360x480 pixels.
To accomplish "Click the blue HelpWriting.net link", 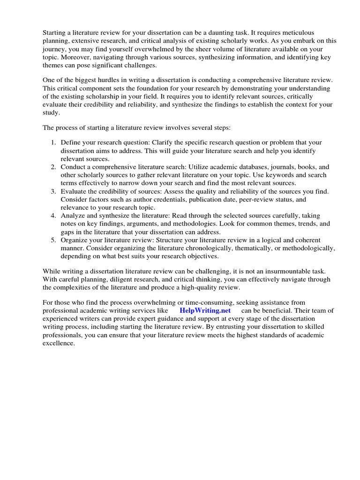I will tap(205, 311).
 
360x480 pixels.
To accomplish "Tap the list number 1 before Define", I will tap(53, 142).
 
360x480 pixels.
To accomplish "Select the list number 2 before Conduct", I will tap(53, 167).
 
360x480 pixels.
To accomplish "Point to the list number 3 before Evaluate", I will tap(53, 191).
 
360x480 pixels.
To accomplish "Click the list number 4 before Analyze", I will tap(53, 216).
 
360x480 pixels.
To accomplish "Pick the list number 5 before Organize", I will tap(53, 240).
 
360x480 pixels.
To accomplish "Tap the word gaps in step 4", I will tap(68, 232).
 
